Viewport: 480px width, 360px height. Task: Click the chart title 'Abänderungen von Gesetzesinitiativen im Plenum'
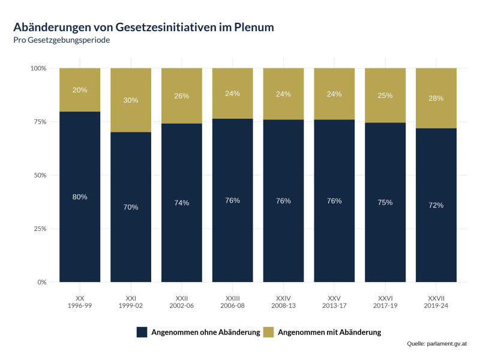(x=144, y=27)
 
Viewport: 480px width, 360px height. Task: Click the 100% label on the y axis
(x=37, y=68)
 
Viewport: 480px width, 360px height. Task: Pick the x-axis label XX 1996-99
(x=80, y=302)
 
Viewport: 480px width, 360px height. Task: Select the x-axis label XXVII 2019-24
(x=436, y=302)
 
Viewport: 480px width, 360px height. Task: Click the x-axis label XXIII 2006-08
(x=232, y=302)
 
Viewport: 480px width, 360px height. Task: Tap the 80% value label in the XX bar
(x=80, y=197)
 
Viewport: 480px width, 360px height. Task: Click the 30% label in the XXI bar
(x=131, y=100)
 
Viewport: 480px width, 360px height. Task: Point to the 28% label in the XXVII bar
(x=436, y=98)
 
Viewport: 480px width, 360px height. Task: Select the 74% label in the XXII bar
(x=182, y=203)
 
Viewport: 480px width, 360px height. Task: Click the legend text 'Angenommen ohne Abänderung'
(x=205, y=332)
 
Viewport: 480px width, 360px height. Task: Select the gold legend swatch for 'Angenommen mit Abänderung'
(x=269, y=332)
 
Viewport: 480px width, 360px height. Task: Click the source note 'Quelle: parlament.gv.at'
(x=436, y=344)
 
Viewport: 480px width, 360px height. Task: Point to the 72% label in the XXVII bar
(x=436, y=205)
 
